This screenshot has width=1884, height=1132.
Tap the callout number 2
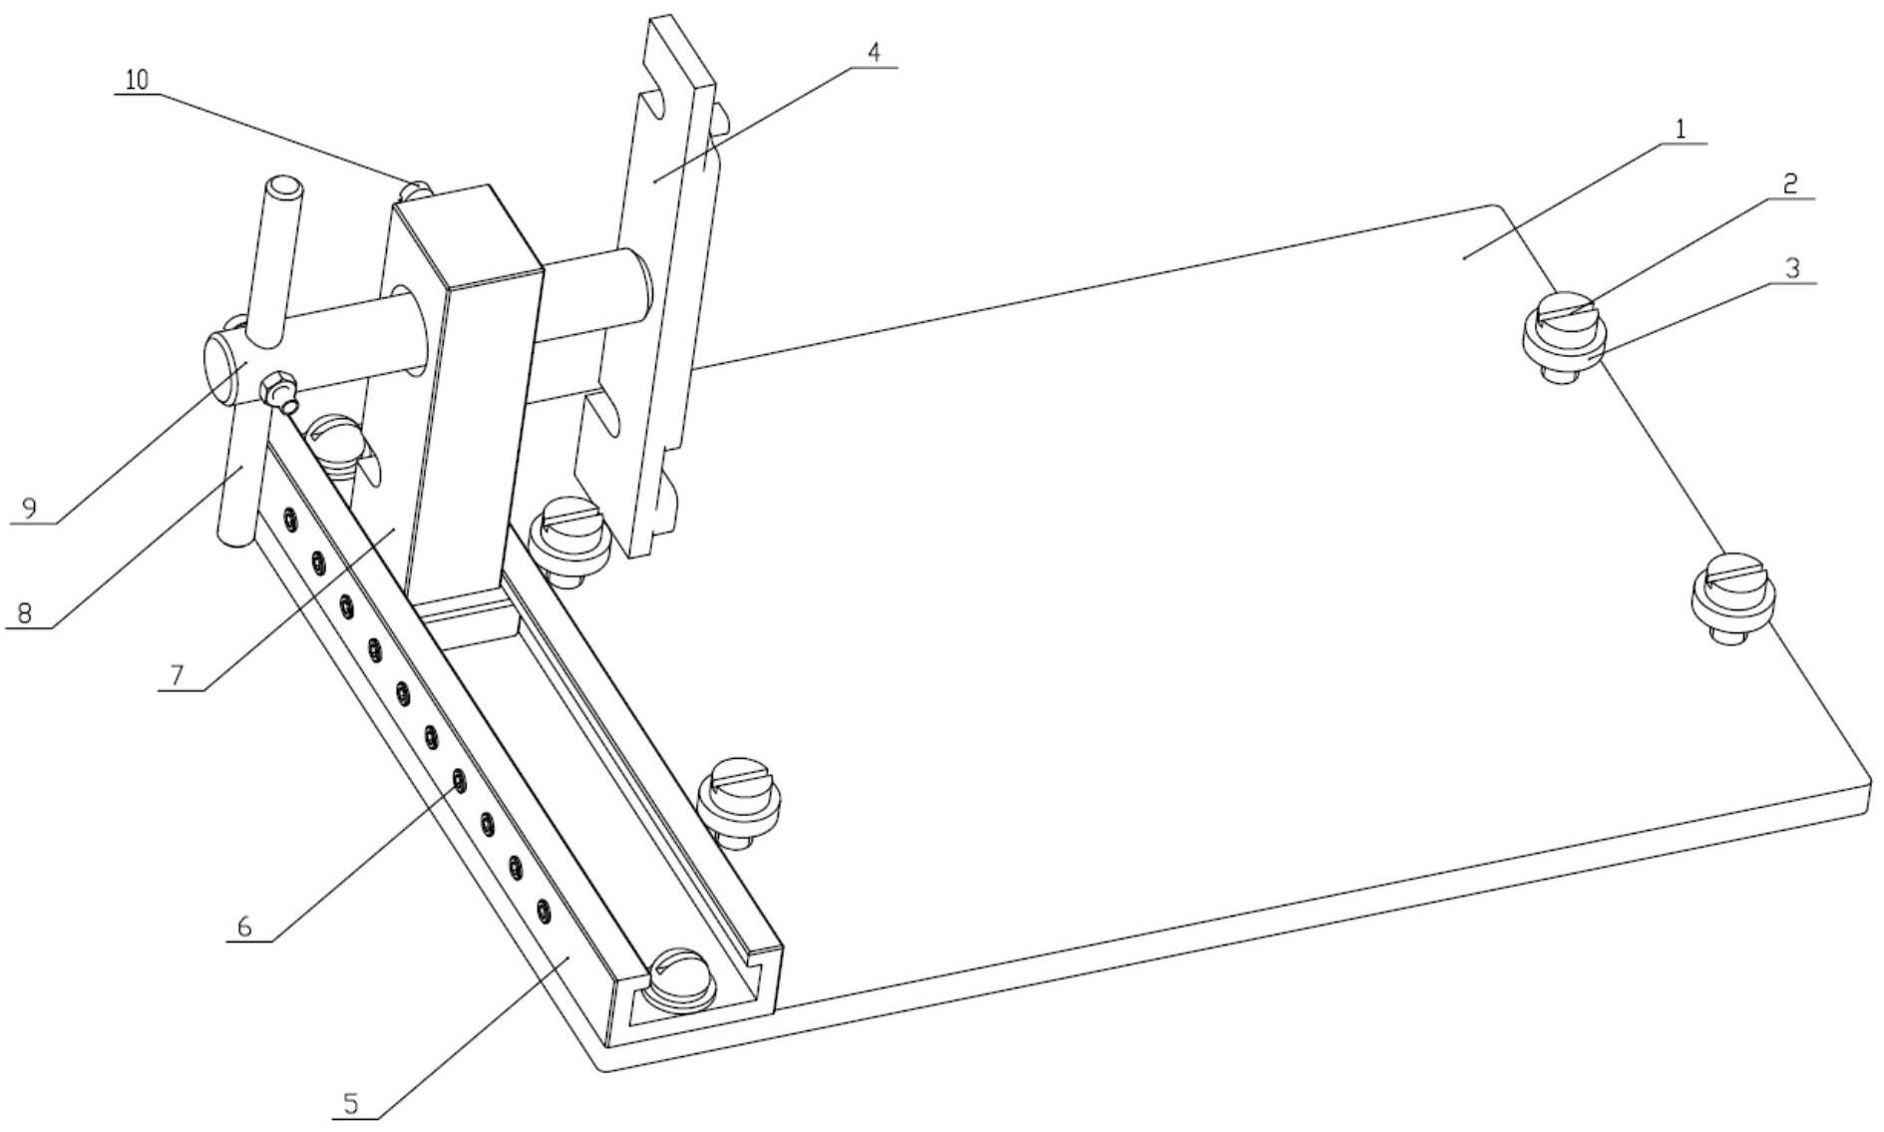coord(1790,184)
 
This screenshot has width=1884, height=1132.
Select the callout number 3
coord(1792,268)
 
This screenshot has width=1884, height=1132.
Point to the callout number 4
coord(874,52)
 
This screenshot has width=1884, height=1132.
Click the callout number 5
coord(350,1103)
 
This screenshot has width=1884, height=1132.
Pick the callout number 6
coord(244,926)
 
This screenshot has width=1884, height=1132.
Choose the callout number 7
coord(177,675)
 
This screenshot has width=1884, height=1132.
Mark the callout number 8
coord(24,612)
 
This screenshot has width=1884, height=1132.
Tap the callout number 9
coord(30,509)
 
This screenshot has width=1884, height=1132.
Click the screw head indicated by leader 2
coord(1563,311)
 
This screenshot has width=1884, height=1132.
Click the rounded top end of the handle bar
coord(283,187)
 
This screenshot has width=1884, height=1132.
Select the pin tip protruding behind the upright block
coord(417,187)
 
